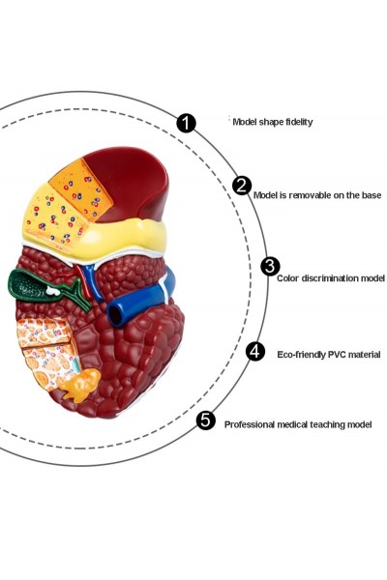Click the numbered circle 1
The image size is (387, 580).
coord(186,123)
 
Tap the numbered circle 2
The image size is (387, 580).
coord(242,186)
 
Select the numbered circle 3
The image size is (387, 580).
coord(270,266)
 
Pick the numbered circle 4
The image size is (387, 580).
coord(255,351)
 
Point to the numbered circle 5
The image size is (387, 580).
coord(205,420)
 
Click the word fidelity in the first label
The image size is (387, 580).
coord(299,122)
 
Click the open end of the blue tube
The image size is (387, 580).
coord(115,315)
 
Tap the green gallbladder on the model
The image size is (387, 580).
coord(32,285)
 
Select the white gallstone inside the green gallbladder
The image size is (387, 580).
coord(53,291)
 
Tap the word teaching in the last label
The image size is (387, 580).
coord(327,424)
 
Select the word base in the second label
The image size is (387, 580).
coord(372,195)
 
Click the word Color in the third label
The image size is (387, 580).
coord(287,278)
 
